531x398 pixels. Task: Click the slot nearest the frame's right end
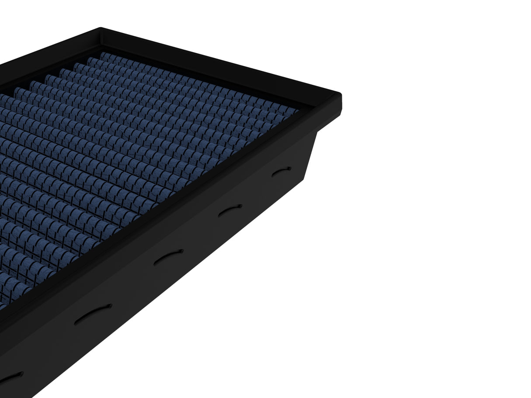281,171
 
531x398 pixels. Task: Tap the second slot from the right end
230,210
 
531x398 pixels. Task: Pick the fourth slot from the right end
93,314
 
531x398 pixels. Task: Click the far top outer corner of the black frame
101,29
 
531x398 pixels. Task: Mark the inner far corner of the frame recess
102,45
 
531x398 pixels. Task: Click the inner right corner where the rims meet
311,106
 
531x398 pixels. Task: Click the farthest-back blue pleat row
197,81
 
